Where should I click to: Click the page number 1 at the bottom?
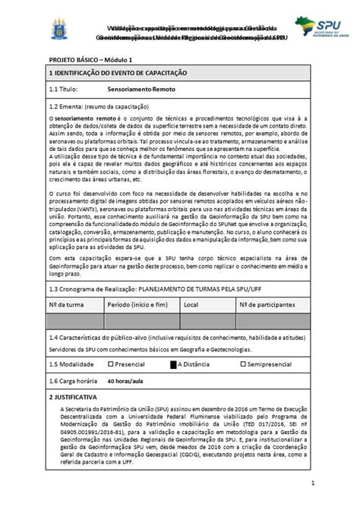pos(311,483)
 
